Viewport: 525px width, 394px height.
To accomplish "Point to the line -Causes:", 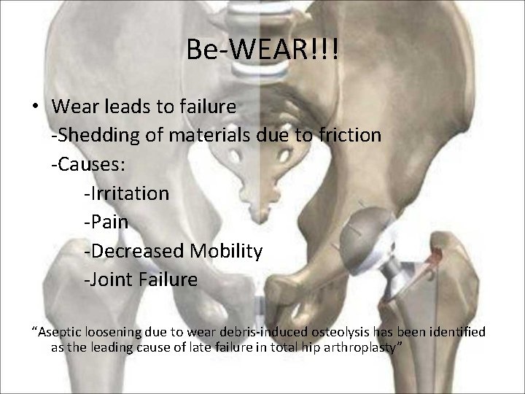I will [88, 164].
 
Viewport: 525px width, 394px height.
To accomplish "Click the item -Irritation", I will [126, 193].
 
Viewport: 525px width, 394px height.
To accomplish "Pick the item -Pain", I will [106, 222].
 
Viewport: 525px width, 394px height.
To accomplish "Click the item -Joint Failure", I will [141, 280].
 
